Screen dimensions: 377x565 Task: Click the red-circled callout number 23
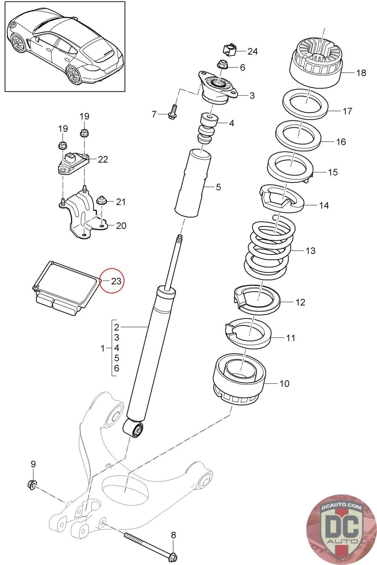(116, 281)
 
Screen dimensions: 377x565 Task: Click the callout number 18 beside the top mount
(361, 73)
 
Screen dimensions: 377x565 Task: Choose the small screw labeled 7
(172, 112)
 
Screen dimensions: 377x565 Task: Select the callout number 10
(284, 383)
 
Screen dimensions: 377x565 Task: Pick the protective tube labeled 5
(193, 183)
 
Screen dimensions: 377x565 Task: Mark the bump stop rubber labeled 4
(208, 129)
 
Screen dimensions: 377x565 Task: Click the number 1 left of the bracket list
(102, 348)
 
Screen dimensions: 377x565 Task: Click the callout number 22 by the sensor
(103, 159)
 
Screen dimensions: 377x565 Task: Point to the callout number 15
(332, 172)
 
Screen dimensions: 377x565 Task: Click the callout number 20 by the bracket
(121, 226)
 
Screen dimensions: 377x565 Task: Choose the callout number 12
(300, 302)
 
